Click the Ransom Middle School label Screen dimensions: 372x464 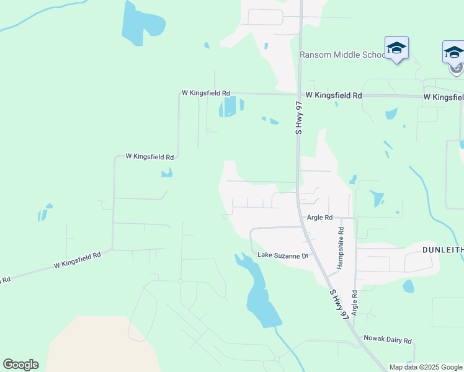coord(343,55)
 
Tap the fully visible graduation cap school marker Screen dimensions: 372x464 coord(396,48)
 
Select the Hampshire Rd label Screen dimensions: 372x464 coord(340,247)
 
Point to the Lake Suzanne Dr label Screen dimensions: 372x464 coord(283,255)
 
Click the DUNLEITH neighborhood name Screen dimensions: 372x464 coord(442,249)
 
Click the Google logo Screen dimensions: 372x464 coord(20,365)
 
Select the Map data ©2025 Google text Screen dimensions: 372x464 coord(426,367)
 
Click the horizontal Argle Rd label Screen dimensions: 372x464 coord(320,218)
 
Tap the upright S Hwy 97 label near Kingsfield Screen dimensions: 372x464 coord(298,120)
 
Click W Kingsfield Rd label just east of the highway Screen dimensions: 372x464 coord(334,96)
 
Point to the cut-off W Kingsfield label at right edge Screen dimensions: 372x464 coord(444,97)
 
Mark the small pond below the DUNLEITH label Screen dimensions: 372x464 coord(408,286)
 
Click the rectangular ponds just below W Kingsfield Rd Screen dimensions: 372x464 coord(228,107)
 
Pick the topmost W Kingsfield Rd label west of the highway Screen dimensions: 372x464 coord(205,92)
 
